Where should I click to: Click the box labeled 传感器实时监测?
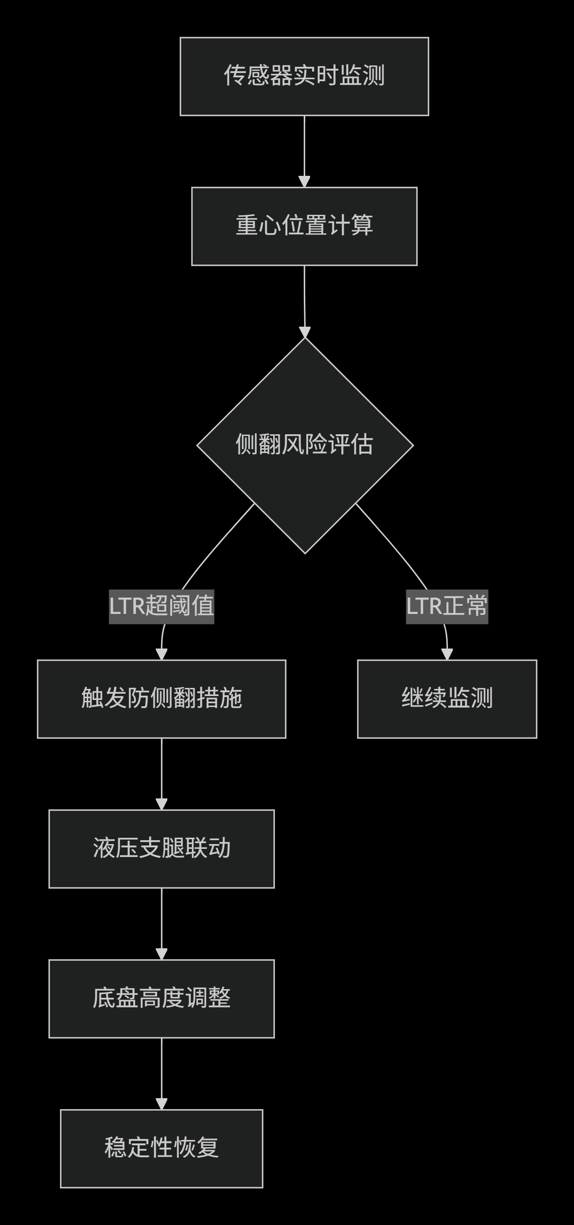(x=304, y=76)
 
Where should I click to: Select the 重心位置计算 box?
(x=304, y=226)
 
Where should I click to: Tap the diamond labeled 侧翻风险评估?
(x=305, y=445)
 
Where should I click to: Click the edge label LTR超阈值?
(x=162, y=606)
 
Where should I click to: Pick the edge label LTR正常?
(x=447, y=606)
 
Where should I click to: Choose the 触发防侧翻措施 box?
(x=162, y=699)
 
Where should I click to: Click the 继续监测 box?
(x=447, y=699)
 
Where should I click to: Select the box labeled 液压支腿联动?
(x=162, y=849)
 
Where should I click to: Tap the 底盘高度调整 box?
(x=162, y=999)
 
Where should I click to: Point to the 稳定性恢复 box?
(x=162, y=1149)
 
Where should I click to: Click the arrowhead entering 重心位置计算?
(x=304, y=182)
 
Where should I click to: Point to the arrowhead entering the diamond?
(x=305, y=332)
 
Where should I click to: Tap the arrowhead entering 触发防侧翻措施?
(x=162, y=654)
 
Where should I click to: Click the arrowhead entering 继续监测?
(x=447, y=654)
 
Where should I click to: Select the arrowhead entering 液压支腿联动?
(x=162, y=804)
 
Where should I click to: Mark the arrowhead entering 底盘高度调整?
(x=162, y=954)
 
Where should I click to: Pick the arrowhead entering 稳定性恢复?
(x=162, y=1104)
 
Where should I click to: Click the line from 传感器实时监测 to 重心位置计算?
(x=304, y=144)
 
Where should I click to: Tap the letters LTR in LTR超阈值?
(x=127, y=606)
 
